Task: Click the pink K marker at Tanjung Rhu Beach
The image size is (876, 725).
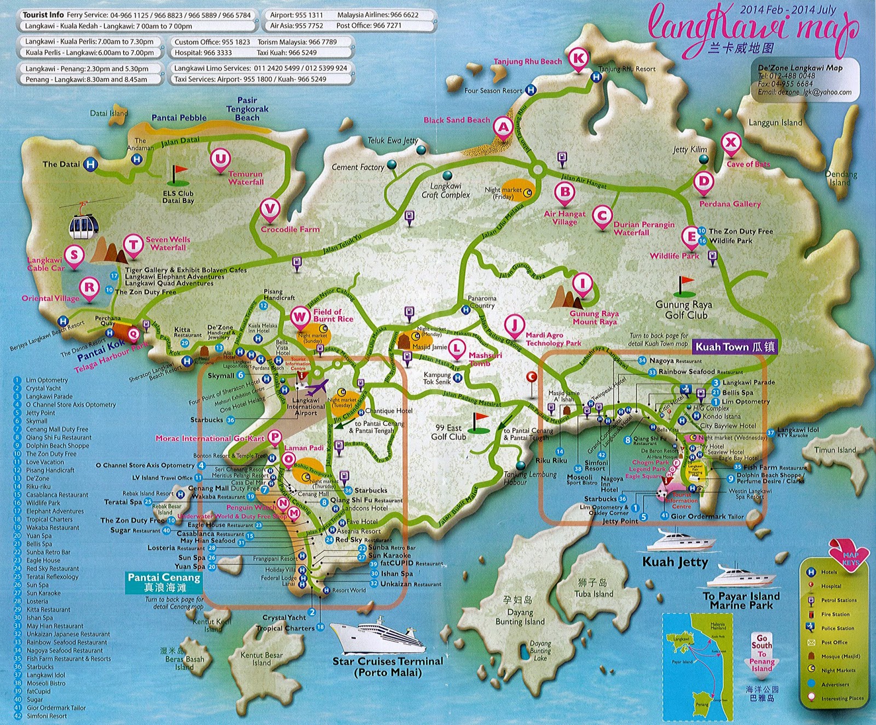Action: click(x=579, y=57)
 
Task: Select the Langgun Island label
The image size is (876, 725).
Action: click(x=775, y=123)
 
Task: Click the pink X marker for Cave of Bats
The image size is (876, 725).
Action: click(x=730, y=143)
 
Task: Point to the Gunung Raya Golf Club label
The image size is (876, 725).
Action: click(x=683, y=310)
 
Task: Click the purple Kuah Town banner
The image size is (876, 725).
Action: click(x=735, y=347)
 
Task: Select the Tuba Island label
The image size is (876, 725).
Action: click(x=593, y=594)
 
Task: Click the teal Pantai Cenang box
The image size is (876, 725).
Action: click(x=164, y=582)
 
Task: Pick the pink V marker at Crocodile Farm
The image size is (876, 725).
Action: click(x=269, y=208)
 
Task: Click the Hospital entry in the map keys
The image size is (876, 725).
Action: click(x=831, y=586)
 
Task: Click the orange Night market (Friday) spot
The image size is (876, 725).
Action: click(x=517, y=190)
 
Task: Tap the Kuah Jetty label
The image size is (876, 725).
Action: click(x=675, y=562)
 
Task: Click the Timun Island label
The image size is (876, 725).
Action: click(x=834, y=450)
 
